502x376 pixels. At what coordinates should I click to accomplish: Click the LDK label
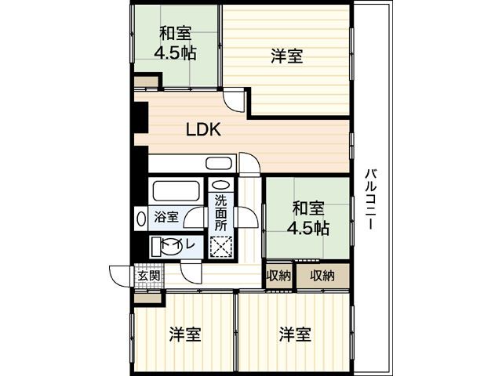coord(203,130)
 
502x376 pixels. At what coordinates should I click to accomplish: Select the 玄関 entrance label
coord(148,276)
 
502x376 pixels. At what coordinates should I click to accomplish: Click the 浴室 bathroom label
coord(166,217)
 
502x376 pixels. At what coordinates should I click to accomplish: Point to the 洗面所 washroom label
coord(222,211)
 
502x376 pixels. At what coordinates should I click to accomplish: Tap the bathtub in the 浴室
coord(175,192)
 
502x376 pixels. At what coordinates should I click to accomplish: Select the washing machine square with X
coord(222,245)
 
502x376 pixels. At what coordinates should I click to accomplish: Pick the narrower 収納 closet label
coord(278,275)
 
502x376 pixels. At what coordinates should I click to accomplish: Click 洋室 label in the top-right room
coord(287,56)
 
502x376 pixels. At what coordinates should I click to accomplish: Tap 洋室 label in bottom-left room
coord(185,335)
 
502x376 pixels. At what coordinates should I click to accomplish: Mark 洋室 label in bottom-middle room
coord(294,335)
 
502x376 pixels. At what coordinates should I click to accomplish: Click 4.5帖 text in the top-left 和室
coord(176,54)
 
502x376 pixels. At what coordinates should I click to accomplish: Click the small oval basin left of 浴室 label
coord(141,217)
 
